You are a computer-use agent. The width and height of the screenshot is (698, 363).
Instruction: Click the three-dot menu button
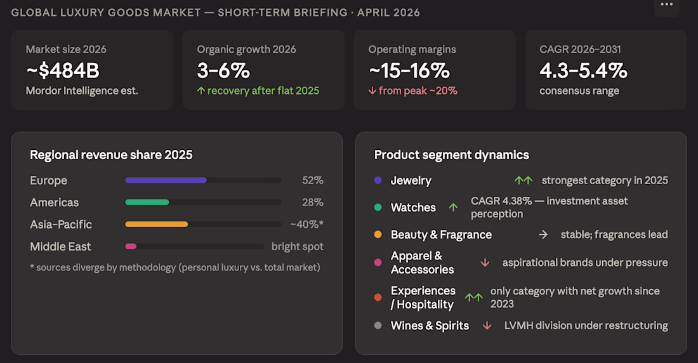click(x=666, y=5)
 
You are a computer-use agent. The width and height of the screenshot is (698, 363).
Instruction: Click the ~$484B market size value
click(x=63, y=70)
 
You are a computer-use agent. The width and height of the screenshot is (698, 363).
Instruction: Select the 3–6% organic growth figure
click(x=223, y=70)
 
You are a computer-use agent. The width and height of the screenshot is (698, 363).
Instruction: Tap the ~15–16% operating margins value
click(x=409, y=70)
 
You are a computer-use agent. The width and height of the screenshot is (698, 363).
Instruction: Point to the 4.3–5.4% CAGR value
click(x=583, y=70)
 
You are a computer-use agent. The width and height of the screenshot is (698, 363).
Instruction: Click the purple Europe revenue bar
click(x=166, y=180)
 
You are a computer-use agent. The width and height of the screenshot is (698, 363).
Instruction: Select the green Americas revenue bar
click(x=147, y=202)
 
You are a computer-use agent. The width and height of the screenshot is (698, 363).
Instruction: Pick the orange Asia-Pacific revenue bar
click(x=156, y=224)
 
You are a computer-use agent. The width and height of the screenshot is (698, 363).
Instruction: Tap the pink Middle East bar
click(x=131, y=246)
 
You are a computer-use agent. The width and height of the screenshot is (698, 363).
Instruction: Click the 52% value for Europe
click(x=312, y=180)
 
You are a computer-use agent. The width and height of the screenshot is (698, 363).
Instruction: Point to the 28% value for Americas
click(x=312, y=202)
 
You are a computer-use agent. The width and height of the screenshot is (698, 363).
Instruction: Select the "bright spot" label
click(x=297, y=246)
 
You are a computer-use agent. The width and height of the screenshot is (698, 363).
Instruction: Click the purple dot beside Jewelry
click(x=378, y=180)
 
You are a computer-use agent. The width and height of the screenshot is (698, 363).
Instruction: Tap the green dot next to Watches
click(x=378, y=208)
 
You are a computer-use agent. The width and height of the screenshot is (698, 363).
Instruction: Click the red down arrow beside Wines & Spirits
click(x=487, y=326)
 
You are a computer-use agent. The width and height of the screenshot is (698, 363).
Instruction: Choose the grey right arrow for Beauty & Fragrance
click(x=543, y=234)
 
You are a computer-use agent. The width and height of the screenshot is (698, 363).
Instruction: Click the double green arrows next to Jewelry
click(x=523, y=180)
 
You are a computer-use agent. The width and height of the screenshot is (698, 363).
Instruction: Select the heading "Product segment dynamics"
click(x=451, y=155)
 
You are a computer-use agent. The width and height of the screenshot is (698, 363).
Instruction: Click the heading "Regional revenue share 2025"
click(x=111, y=155)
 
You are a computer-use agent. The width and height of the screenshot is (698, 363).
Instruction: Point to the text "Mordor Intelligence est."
click(x=82, y=91)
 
